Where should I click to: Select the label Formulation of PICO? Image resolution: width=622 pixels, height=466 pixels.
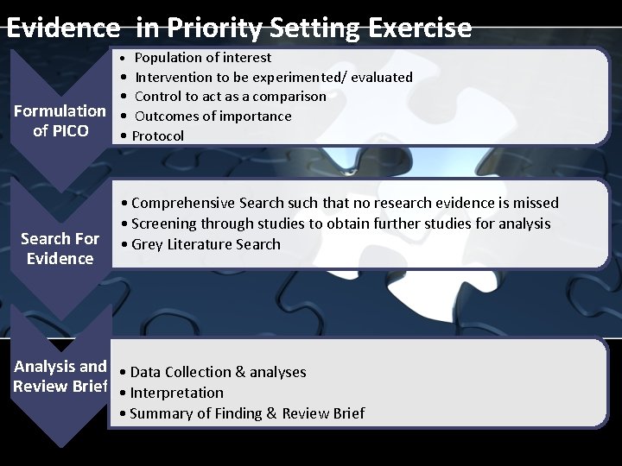(x=60, y=121)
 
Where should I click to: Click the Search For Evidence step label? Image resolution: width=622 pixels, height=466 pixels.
(x=60, y=248)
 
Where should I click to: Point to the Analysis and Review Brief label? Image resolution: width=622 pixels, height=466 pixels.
(x=60, y=375)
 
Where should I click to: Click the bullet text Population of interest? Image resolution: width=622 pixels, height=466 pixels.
(x=203, y=58)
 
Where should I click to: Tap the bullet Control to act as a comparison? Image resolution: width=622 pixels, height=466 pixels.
(x=230, y=96)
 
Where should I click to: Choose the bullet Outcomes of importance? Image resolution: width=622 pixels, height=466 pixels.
(x=213, y=116)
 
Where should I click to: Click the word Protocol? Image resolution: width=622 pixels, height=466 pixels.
(x=158, y=135)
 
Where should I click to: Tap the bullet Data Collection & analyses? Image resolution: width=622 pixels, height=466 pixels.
(x=218, y=372)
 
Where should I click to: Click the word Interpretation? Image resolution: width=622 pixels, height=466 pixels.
(x=176, y=393)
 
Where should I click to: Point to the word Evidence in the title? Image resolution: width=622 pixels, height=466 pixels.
(x=63, y=28)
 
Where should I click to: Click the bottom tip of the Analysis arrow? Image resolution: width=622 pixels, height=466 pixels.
(x=60, y=444)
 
